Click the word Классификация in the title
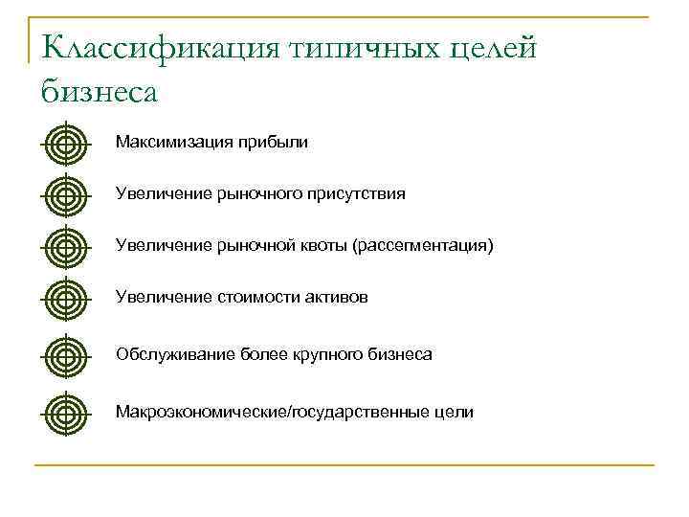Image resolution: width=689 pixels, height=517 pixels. pos(158,48)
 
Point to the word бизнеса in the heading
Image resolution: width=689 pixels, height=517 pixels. pos(99,92)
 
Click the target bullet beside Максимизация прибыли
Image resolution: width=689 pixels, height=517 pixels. pos(64,145)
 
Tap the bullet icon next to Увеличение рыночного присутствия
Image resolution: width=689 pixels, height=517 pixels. pos(64,195)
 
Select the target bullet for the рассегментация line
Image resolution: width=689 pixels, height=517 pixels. pos(64,247)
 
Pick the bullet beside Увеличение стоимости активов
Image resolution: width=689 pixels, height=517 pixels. pos(64,299)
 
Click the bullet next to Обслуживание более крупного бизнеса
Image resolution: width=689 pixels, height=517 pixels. pos(64,356)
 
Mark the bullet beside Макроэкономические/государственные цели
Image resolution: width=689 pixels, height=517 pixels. pos(64,414)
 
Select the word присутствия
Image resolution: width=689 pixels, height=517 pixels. pos(356,194)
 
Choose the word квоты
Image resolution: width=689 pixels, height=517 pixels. pos(325,246)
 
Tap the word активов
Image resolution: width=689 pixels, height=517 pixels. pos(336,298)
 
